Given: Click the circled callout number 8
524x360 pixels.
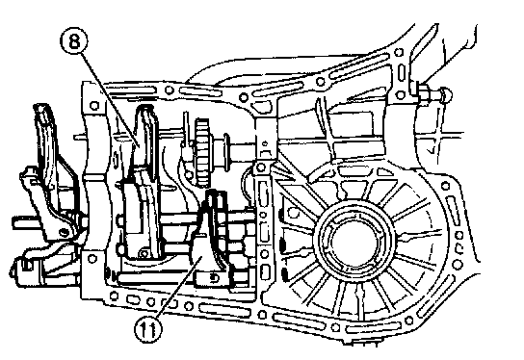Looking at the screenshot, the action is coord(74,41).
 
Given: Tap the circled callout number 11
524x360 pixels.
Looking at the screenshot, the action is coord(147,328).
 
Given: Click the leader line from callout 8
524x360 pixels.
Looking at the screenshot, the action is coord(110,99).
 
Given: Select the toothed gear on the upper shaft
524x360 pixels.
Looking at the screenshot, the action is coord(202,151).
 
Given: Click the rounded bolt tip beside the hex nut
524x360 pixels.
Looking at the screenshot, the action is coord(446,94).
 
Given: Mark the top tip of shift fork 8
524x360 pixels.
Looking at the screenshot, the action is coord(144,108).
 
